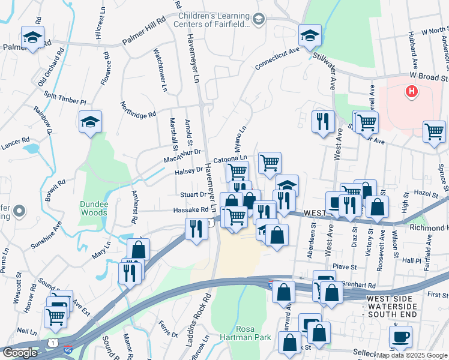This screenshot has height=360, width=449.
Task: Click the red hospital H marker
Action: [411, 92]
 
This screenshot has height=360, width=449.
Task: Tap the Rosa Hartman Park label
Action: [253, 333]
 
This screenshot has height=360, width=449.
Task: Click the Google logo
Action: [20, 353]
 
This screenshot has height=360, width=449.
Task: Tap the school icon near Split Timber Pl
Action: [90, 122]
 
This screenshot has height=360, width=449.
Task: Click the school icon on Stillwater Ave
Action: [310, 36]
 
